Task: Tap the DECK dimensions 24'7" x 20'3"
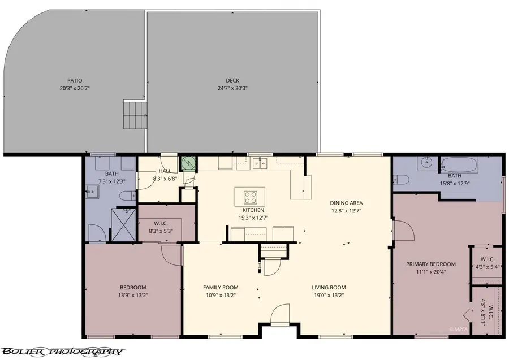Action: pyautogui.click(x=232, y=88)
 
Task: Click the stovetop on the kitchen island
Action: pyautogui.click(x=251, y=197)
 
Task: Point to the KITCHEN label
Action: pyautogui.click(x=250, y=210)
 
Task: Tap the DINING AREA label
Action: pyautogui.click(x=346, y=203)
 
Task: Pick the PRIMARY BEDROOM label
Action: pyautogui.click(x=431, y=264)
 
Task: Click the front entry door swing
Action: pyautogui.click(x=280, y=315)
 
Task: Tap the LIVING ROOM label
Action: pyautogui.click(x=329, y=287)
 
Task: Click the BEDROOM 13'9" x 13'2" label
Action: pyautogui.click(x=133, y=287)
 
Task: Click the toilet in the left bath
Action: pyautogui.click(x=127, y=195)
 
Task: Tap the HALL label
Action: pyautogui.click(x=165, y=171)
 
